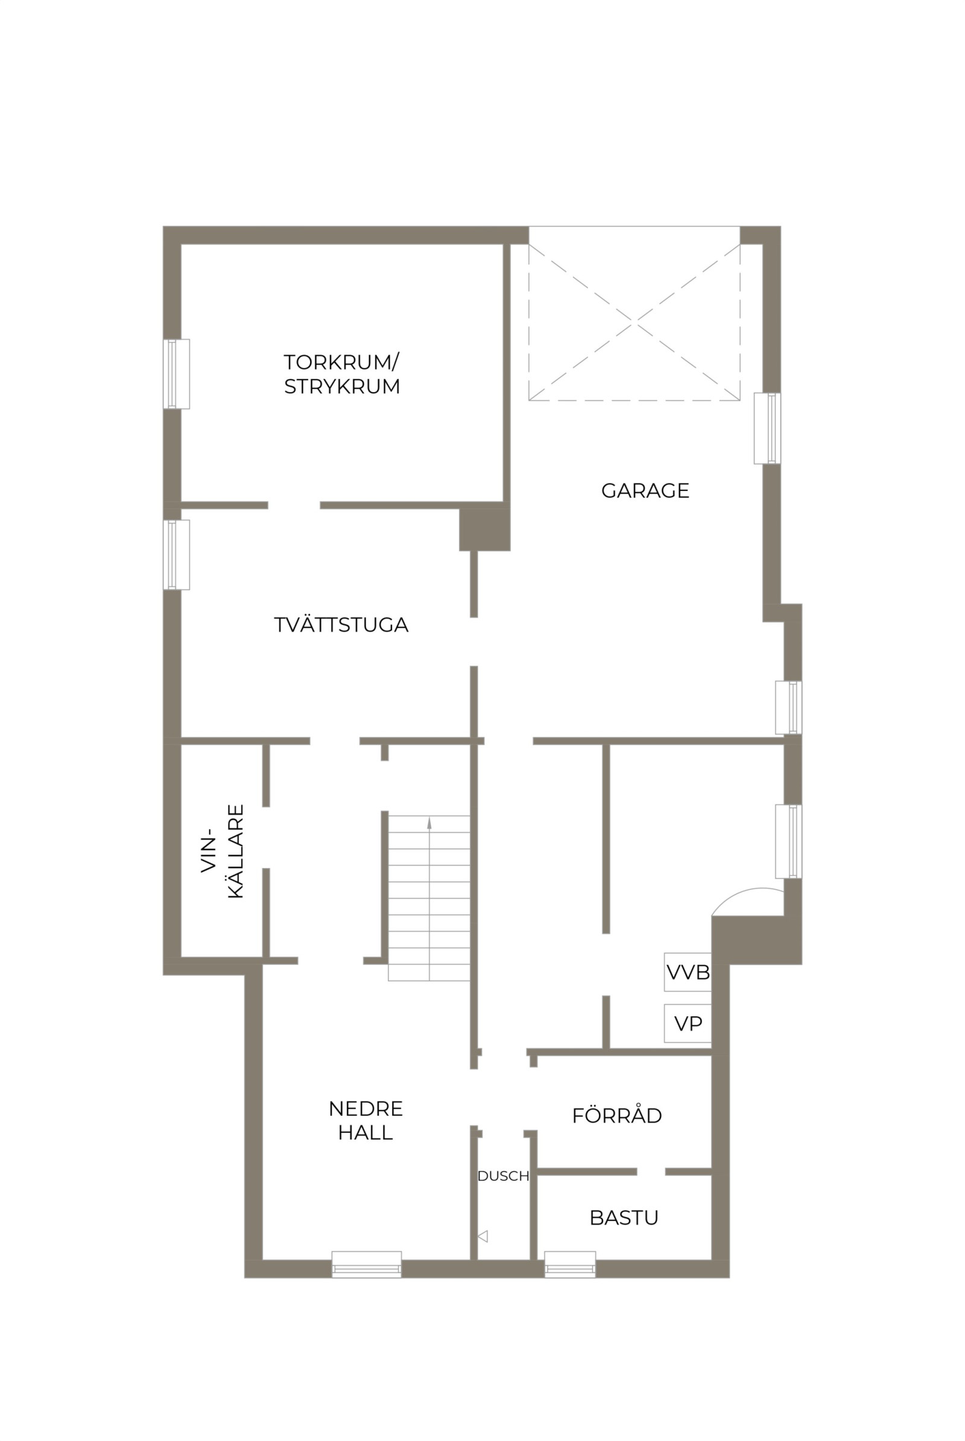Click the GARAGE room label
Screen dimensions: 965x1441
click(645, 490)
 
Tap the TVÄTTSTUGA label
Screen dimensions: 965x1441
click(341, 625)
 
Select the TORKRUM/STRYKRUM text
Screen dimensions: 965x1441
click(341, 373)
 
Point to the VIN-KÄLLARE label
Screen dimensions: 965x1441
click(223, 851)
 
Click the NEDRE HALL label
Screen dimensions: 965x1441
click(365, 1120)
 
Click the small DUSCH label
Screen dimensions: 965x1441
click(504, 1176)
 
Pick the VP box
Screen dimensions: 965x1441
click(688, 1023)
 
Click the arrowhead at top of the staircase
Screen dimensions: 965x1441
click(429, 823)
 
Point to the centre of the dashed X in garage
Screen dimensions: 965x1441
click(634, 321)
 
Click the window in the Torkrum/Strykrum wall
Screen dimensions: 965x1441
click(177, 373)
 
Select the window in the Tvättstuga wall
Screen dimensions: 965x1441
click(177, 554)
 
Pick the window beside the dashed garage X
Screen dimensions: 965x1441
click(767, 428)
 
